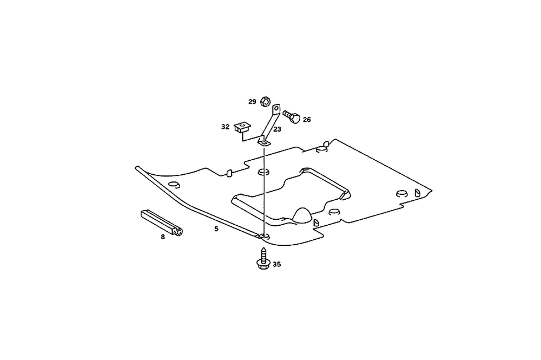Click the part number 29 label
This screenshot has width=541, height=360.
tap(252, 102)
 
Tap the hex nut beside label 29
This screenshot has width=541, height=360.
tap(265, 101)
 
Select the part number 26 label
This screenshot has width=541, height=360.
tap(307, 120)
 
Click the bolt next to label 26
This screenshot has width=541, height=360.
tap(292, 116)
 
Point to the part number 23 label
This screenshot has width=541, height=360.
tap(277, 129)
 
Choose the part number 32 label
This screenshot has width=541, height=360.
tap(225, 127)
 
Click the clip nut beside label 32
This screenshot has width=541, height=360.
tap(242, 128)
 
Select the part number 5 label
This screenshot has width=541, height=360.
tap(216, 229)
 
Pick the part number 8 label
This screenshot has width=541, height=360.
tap(162, 237)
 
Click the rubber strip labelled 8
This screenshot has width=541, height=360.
tap(161, 222)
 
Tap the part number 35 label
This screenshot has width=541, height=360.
tap(276, 265)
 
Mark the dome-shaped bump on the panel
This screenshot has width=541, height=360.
tap(302, 215)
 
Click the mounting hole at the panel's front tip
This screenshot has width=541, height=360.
tap(264, 236)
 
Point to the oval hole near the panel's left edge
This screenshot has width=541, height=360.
tap(173, 185)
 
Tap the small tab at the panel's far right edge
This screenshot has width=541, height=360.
tap(418, 192)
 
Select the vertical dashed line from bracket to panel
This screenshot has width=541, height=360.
tap(264, 189)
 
